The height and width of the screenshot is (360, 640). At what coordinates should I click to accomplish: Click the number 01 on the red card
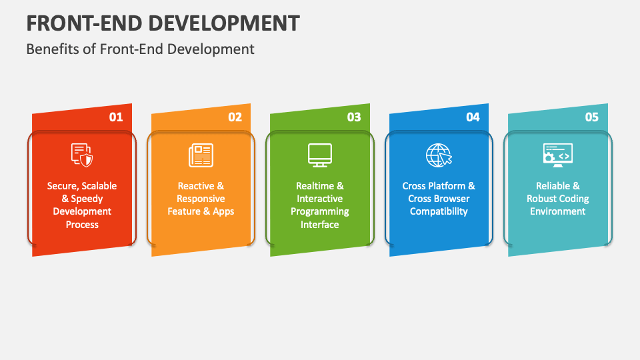116,117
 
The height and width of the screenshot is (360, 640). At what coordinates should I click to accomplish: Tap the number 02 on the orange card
235,117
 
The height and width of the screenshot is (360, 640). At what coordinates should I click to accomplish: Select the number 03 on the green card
354,117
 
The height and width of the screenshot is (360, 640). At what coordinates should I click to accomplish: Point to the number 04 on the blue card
473,117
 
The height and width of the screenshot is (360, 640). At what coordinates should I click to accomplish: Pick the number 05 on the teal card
592,117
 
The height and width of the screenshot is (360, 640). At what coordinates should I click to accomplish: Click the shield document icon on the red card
82,155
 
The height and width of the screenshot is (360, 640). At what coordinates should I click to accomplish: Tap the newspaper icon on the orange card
201,155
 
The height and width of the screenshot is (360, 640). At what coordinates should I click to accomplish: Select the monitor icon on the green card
319,155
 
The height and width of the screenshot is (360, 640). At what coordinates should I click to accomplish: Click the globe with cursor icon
439,155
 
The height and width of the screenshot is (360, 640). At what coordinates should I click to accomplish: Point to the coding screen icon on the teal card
558,155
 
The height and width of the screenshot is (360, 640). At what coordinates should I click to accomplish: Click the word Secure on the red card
62,186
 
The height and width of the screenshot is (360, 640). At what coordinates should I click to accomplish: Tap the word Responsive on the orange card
201,199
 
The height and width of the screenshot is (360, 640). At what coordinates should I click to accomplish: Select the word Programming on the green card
319,212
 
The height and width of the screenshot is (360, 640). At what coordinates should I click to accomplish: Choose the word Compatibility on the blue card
439,211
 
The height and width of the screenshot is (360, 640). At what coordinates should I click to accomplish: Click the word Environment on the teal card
557,211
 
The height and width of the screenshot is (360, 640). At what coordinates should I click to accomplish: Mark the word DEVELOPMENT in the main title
224,23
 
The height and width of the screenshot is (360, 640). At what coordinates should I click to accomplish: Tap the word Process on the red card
82,225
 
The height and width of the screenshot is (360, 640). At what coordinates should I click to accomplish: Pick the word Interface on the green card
319,225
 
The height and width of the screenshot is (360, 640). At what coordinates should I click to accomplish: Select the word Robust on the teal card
539,199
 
